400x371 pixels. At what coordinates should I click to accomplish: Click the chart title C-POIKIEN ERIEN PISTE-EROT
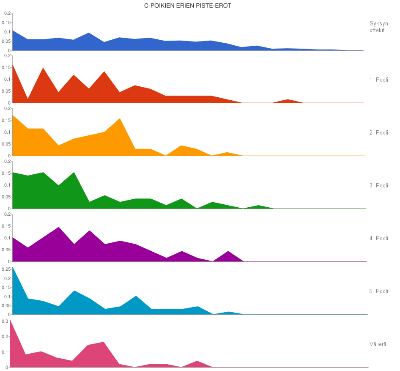tap(188, 6)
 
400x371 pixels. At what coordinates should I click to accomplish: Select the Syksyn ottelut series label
tap(378, 27)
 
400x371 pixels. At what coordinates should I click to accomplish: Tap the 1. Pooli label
tap(378, 80)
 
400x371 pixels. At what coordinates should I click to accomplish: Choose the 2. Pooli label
tap(378, 132)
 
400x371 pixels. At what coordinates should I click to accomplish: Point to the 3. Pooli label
tap(378, 185)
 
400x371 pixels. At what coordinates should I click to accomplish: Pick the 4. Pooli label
tap(378, 238)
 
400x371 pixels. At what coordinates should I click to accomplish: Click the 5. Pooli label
tap(378, 291)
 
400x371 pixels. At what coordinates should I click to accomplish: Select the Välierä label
tap(378, 344)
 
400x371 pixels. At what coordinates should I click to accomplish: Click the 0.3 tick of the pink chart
tap(5, 321)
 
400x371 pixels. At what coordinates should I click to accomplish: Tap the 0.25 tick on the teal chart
tap(6, 269)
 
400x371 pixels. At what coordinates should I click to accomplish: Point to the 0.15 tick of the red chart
tap(6, 67)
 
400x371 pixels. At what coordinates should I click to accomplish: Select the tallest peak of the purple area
tap(59, 228)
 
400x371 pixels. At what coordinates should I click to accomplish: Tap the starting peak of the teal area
tap(13, 267)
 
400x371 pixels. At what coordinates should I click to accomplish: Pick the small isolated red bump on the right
tap(288, 100)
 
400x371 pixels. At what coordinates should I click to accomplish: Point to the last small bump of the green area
tap(258, 206)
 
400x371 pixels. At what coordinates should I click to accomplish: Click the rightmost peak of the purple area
tap(228, 252)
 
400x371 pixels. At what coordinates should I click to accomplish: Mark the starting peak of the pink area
tap(10, 321)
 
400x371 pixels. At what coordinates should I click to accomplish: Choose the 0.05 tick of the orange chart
tap(6, 144)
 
